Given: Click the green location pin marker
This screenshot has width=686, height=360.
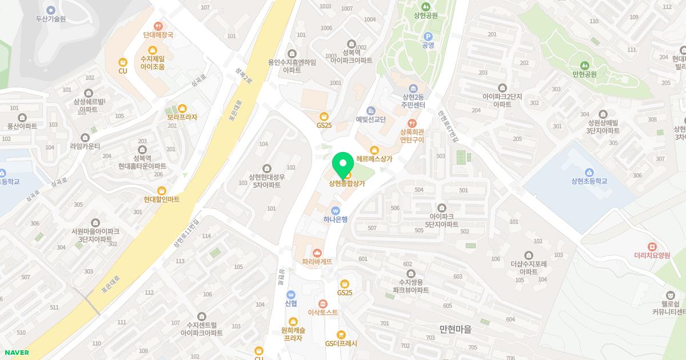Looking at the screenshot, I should click(x=343, y=165).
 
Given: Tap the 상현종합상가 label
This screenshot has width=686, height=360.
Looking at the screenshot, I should click(x=346, y=183).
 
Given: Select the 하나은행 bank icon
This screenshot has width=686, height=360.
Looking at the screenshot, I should click(x=336, y=210).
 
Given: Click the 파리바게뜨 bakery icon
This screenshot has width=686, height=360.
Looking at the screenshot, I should click(x=317, y=252).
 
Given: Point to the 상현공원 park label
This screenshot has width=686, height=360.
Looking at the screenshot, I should click(x=426, y=15).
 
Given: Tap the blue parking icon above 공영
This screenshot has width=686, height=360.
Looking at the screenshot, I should click(x=428, y=36).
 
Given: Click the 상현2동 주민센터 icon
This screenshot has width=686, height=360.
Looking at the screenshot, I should click(x=413, y=89).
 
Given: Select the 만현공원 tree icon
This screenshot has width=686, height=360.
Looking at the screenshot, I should click(x=584, y=65).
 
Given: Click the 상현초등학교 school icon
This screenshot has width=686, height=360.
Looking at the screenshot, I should click(x=589, y=172).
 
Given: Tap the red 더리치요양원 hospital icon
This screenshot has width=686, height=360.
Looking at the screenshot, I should click(x=652, y=246).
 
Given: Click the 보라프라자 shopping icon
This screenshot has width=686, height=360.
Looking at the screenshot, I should click(x=182, y=108).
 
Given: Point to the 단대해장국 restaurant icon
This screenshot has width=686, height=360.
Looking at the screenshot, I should click(x=158, y=26).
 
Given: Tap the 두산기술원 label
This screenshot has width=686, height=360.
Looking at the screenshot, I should click(x=51, y=19).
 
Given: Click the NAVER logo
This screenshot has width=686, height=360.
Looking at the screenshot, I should click(x=16, y=353).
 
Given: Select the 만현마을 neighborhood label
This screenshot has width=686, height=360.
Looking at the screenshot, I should click(x=456, y=329).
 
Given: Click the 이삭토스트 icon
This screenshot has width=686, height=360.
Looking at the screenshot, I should click(x=323, y=303).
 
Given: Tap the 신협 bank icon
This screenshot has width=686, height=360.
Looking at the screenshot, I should click(x=291, y=294).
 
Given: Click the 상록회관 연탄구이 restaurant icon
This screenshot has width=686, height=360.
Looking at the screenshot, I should click(x=412, y=123).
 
